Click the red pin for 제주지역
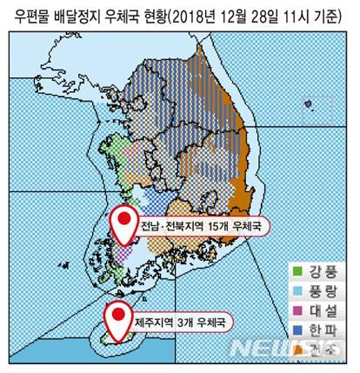click(x=116, y=317)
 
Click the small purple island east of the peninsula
click(x=308, y=104)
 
